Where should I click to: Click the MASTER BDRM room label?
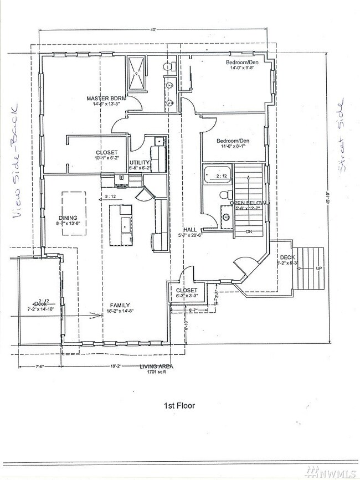(x=106, y=99)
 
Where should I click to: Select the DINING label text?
(x=68, y=218)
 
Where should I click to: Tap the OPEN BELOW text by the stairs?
(x=249, y=203)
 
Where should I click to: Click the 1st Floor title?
(x=179, y=405)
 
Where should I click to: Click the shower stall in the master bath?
(x=137, y=74)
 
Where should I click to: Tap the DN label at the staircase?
(x=249, y=231)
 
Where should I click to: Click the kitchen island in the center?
(x=122, y=224)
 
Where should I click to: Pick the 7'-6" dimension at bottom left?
(x=39, y=367)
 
